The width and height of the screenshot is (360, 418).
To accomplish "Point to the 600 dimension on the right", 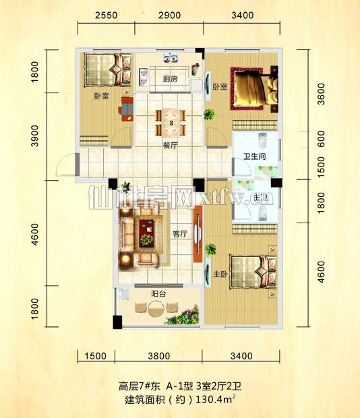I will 321,139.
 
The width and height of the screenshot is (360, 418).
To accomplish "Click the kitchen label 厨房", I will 171,79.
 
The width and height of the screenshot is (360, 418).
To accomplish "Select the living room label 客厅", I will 180,234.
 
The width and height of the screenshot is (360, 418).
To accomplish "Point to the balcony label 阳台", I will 159,293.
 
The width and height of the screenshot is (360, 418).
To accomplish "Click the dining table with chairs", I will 171,122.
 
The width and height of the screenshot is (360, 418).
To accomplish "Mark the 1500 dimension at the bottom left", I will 97,355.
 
